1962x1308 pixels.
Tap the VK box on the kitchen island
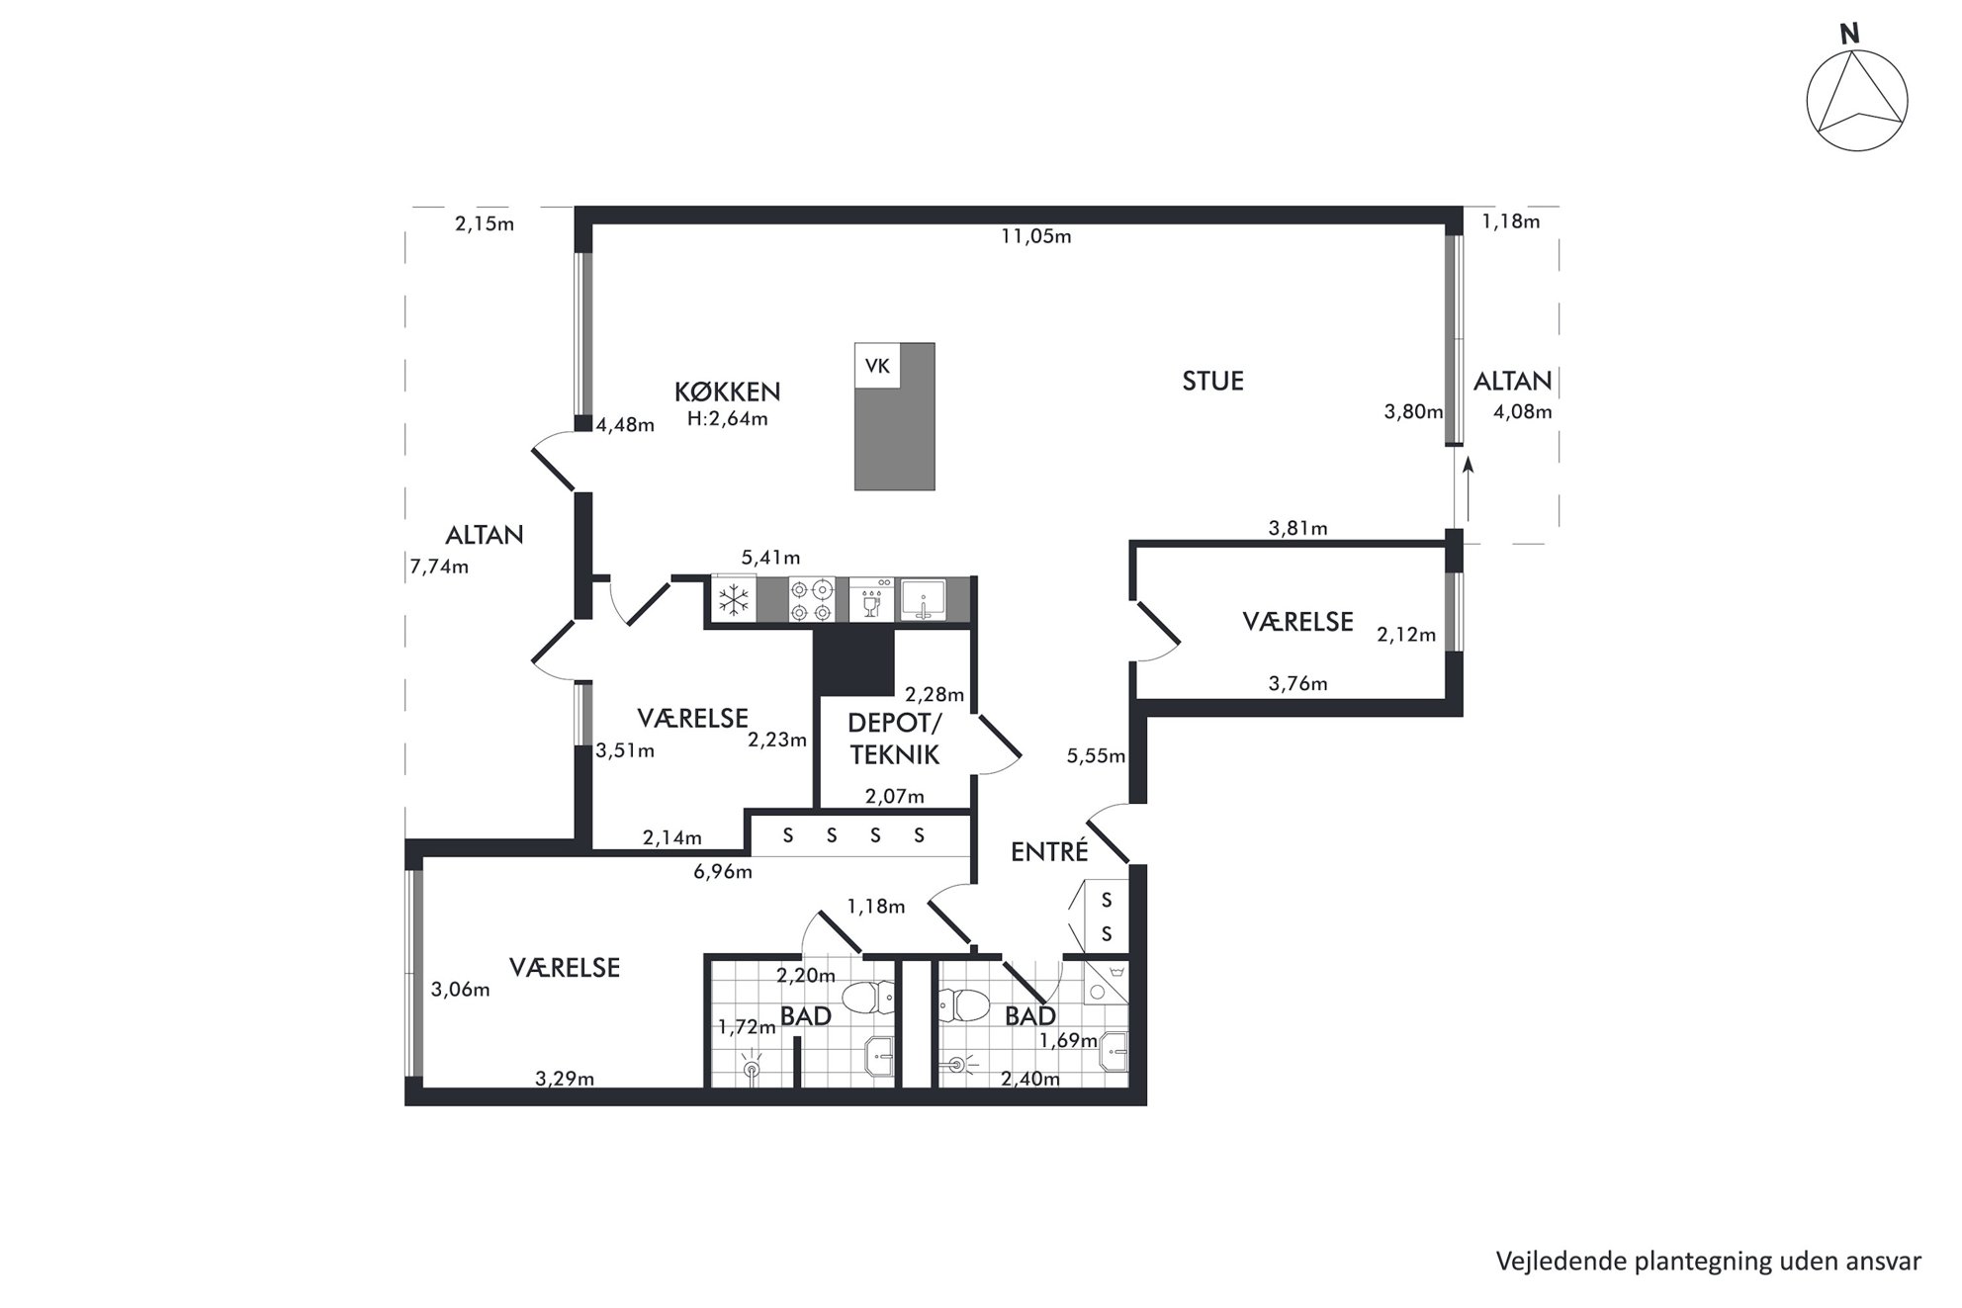tap(877, 366)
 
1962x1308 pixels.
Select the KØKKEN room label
tap(727, 392)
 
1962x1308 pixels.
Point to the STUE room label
tap(1212, 381)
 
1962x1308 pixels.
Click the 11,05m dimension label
tap(1035, 236)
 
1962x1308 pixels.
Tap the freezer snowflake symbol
tap(733, 599)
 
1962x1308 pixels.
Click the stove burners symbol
tap(811, 599)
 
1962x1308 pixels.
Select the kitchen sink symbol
tap(923, 599)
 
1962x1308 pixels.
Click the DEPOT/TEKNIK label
tap(895, 739)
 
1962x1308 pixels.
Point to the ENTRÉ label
tap(1049, 851)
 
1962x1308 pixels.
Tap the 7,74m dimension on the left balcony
tap(439, 567)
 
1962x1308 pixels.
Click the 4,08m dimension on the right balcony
tap(1522, 411)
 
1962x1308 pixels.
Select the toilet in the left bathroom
tap(867, 998)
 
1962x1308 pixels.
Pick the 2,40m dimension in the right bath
tap(1029, 1079)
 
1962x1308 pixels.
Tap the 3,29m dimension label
tap(565, 1079)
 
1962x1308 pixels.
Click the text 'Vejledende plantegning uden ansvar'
tap(1708, 1262)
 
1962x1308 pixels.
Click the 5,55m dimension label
tap(1096, 756)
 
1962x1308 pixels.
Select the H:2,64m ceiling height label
tap(728, 418)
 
